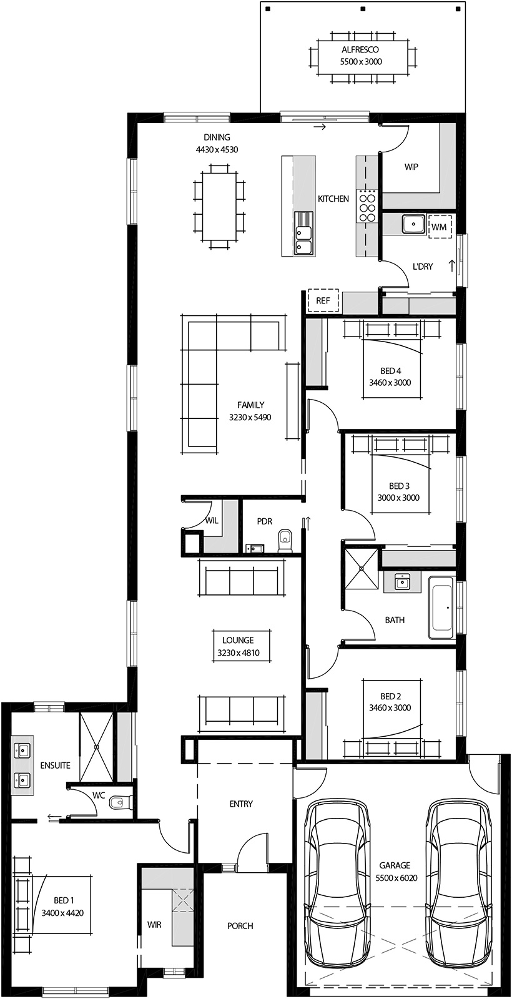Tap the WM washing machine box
click(x=439, y=227)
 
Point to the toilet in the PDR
click(x=285, y=541)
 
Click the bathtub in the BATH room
click(x=442, y=608)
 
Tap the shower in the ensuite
click(x=96, y=746)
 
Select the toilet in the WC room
click(x=118, y=802)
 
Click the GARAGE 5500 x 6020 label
click(x=395, y=871)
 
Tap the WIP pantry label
click(x=411, y=167)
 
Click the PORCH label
click(x=240, y=926)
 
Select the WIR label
click(x=154, y=924)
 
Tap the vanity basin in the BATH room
click(x=401, y=583)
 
